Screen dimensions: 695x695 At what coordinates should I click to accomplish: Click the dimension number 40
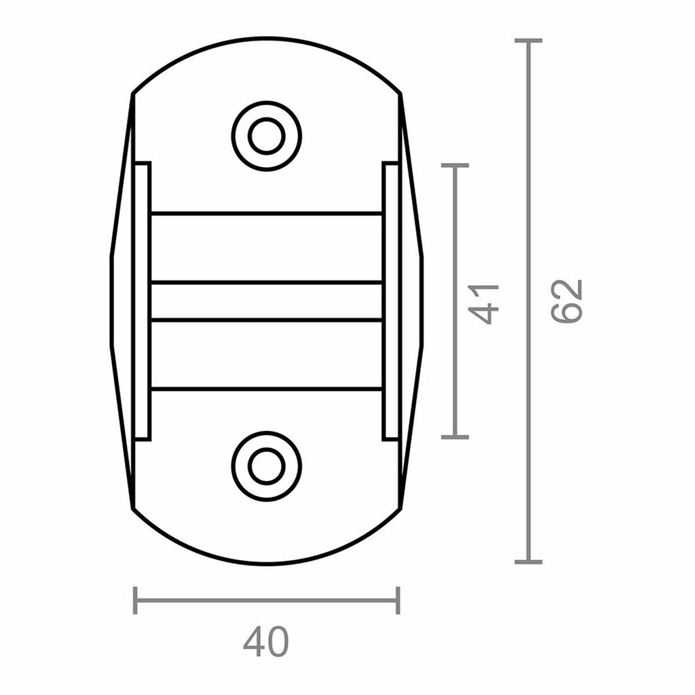[x=266, y=641]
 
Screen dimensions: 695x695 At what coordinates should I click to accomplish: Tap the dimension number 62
[x=567, y=301]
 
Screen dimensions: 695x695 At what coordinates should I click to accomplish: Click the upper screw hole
[x=266, y=136]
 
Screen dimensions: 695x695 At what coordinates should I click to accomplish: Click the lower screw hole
[x=266, y=466]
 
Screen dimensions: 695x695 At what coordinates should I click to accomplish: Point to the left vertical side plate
[x=142, y=301]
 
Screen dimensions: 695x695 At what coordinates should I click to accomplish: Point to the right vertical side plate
[x=390, y=301]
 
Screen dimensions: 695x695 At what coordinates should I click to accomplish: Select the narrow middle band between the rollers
[x=266, y=301]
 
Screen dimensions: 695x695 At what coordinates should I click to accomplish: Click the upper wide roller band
[x=266, y=248]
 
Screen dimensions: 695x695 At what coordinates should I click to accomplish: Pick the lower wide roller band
[x=266, y=354]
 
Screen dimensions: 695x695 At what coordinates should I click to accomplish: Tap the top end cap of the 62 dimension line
[x=528, y=41]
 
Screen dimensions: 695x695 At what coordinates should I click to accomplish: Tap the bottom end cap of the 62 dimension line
[x=528, y=561]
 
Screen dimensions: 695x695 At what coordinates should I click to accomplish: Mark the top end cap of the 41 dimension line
[x=455, y=165]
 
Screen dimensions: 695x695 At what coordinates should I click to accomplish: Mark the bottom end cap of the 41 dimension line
[x=455, y=436]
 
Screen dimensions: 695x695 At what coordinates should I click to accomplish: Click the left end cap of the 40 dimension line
[x=135, y=601]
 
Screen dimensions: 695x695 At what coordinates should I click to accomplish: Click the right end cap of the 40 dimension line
[x=398, y=601]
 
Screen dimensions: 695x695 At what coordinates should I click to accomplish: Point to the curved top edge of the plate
[x=266, y=39]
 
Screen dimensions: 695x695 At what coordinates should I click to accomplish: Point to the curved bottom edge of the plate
[x=266, y=563]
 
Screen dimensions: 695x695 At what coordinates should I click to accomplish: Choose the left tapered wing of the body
[x=121, y=301]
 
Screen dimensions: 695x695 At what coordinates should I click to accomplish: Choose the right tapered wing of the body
[x=412, y=301]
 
